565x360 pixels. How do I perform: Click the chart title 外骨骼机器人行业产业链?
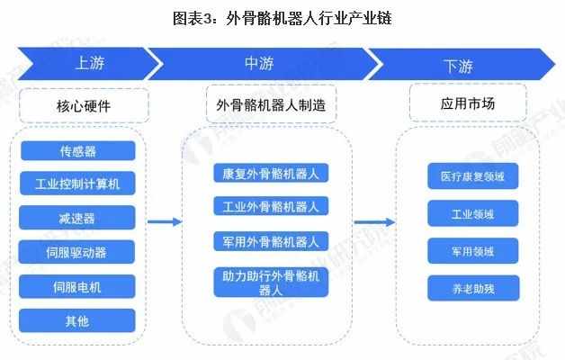[282, 18]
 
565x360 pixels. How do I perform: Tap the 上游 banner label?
[90, 63]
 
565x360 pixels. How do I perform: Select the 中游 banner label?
[259, 63]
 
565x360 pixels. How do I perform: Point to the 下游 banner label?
[458, 67]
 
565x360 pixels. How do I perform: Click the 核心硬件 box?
[84, 106]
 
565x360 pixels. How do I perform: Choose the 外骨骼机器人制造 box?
[272, 105]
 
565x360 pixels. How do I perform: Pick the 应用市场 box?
[468, 103]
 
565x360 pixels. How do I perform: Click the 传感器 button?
[78, 150]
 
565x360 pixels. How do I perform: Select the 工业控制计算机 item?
[77, 184]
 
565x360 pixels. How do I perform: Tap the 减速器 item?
[76, 218]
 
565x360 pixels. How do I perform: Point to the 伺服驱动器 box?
[76, 252]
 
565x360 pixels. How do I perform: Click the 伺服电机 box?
[76, 286]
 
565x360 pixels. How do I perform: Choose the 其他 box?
[77, 320]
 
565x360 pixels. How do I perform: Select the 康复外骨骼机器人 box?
[271, 173]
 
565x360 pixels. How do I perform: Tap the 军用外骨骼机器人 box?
[271, 241]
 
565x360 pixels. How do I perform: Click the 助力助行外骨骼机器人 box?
[271, 283]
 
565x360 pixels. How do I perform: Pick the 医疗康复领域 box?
[472, 175]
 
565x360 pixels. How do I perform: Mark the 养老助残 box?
[473, 288]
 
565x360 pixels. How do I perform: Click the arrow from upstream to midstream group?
[165, 221]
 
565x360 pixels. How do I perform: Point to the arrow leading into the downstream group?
[374, 222]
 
